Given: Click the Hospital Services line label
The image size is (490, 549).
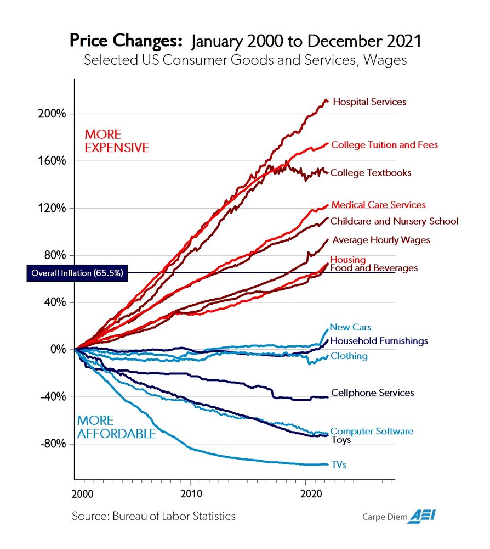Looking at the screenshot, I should click(x=369, y=102).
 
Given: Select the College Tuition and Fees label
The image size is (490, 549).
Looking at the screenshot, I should click(x=385, y=145).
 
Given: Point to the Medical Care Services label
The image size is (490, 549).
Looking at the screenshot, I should click(x=378, y=205).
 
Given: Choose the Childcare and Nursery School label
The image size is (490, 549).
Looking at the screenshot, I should click(x=394, y=221).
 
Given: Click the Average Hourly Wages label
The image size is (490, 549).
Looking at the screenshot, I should click(x=381, y=240).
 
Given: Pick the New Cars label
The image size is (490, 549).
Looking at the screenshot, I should click(x=350, y=328).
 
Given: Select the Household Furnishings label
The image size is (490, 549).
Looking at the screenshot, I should click(x=379, y=341).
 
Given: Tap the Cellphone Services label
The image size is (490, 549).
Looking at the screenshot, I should click(x=372, y=393).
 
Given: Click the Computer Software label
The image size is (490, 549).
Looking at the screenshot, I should click(x=372, y=432).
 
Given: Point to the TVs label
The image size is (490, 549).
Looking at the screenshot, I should click(x=339, y=465).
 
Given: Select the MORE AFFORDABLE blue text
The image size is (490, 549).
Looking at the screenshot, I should click(x=116, y=427).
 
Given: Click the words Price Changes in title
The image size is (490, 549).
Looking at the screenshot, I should click(x=126, y=41).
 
